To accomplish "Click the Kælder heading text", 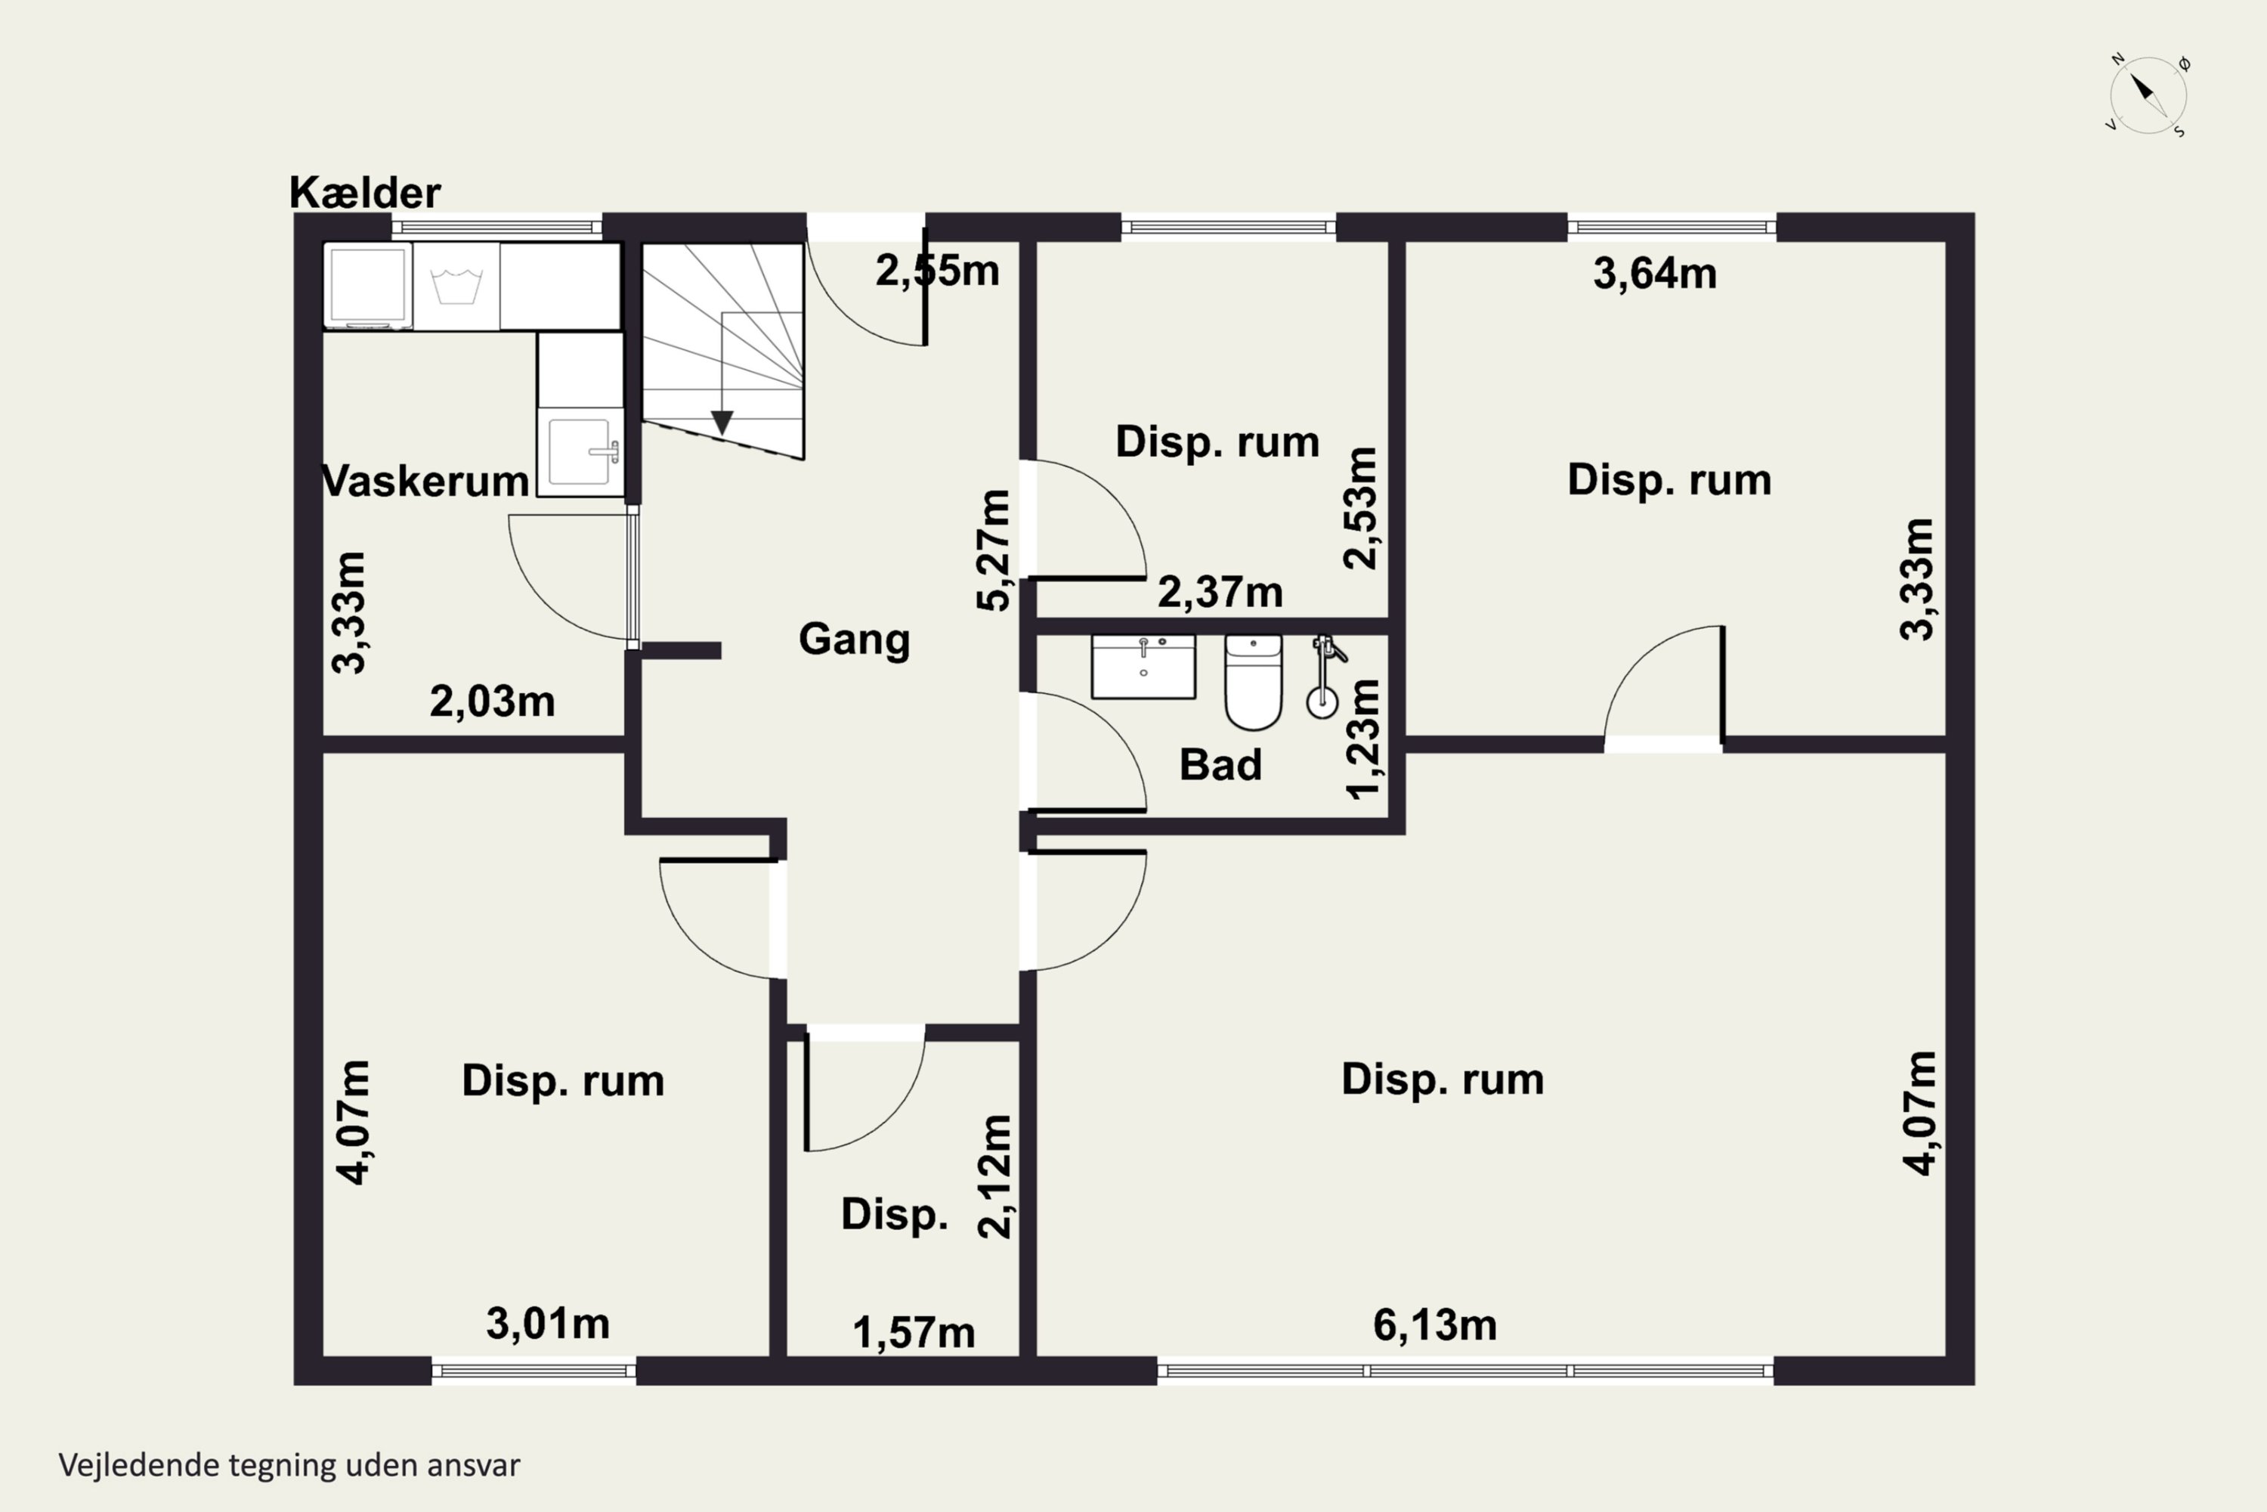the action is click(364, 193).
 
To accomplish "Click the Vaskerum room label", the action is click(425, 480).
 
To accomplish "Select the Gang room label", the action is click(854, 640).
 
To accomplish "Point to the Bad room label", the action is click(1220, 764).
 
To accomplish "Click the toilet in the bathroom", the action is click(1253, 682).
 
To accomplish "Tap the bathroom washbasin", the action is click(1143, 665).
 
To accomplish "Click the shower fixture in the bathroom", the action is click(1325, 676).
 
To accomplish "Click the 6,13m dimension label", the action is click(1434, 1325).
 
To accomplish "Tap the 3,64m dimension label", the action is click(1654, 273).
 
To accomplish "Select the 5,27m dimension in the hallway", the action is click(994, 550).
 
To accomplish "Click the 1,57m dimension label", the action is click(914, 1333).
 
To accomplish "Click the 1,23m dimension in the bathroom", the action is click(1363, 739).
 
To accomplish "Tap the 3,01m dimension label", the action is click(547, 1323).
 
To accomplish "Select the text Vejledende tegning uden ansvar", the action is click(289, 1465).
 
